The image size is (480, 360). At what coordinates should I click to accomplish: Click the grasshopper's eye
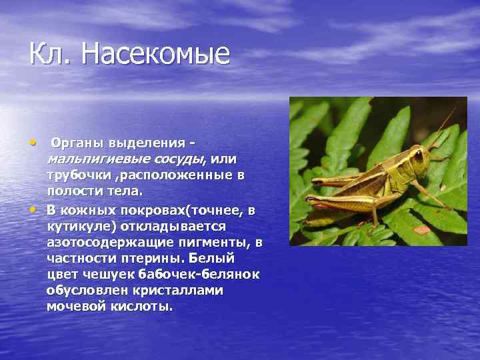(419, 157)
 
